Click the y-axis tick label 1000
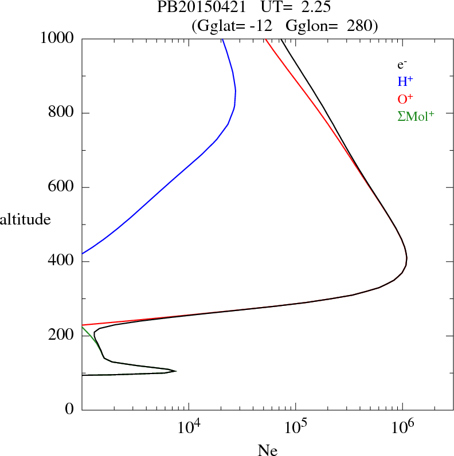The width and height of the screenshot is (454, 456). (58, 38)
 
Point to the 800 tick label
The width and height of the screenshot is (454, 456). (62, 113)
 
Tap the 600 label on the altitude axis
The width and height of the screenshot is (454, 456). (62, 187)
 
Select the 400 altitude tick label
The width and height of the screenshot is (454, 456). (62, 262)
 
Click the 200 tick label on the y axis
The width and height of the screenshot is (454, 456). (62, 336)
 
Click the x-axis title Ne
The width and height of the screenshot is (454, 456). (267, 450)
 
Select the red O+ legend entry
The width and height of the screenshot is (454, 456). (405, 99)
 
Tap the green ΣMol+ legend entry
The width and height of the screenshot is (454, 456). (416, 116)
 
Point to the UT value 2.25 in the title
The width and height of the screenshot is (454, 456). (313, 8)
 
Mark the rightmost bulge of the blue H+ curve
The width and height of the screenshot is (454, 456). (236, 92)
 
